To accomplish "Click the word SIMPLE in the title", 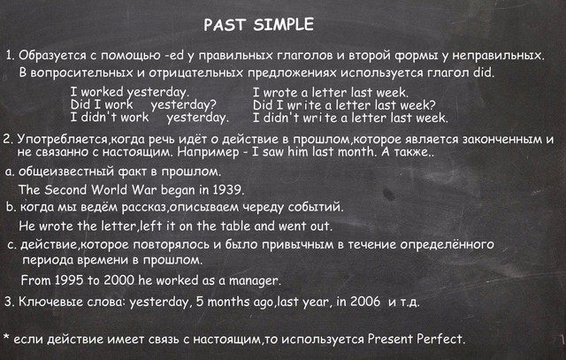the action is (283, 25).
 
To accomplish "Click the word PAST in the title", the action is (225, 25).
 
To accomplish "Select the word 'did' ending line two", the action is (483, 73).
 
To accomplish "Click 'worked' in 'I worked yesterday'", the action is (102, 92).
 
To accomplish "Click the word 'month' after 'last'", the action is (356, 151).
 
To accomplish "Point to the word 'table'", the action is (235, 226).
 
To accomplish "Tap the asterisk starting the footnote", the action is (6, 337).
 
